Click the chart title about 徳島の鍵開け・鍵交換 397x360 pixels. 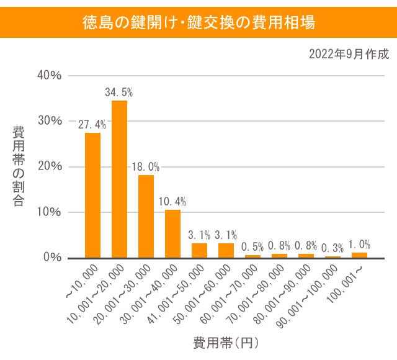198,23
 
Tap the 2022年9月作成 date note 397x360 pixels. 349,54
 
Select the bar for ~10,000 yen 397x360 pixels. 92,196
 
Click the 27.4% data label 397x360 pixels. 92,125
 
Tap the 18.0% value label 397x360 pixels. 146,167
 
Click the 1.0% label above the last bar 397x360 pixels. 360,244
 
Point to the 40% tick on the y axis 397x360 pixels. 50,75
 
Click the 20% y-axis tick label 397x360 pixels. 50,166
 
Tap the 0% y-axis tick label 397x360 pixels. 53,258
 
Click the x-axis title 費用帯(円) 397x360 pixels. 225,343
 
